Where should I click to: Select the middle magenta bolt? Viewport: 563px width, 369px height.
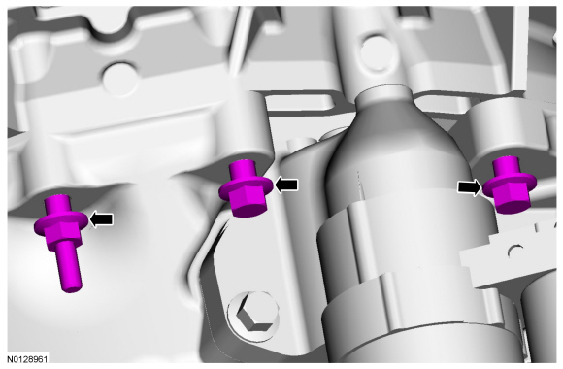click(245, 188)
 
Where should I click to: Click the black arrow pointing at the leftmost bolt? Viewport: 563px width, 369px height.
click(101, 219)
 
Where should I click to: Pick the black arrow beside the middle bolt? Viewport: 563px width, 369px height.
click(286, 184)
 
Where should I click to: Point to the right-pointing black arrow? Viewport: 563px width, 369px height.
click(470, 187)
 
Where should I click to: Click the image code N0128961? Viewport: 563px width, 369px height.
click(27, 359)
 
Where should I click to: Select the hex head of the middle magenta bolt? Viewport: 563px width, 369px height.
click(248, 202)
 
